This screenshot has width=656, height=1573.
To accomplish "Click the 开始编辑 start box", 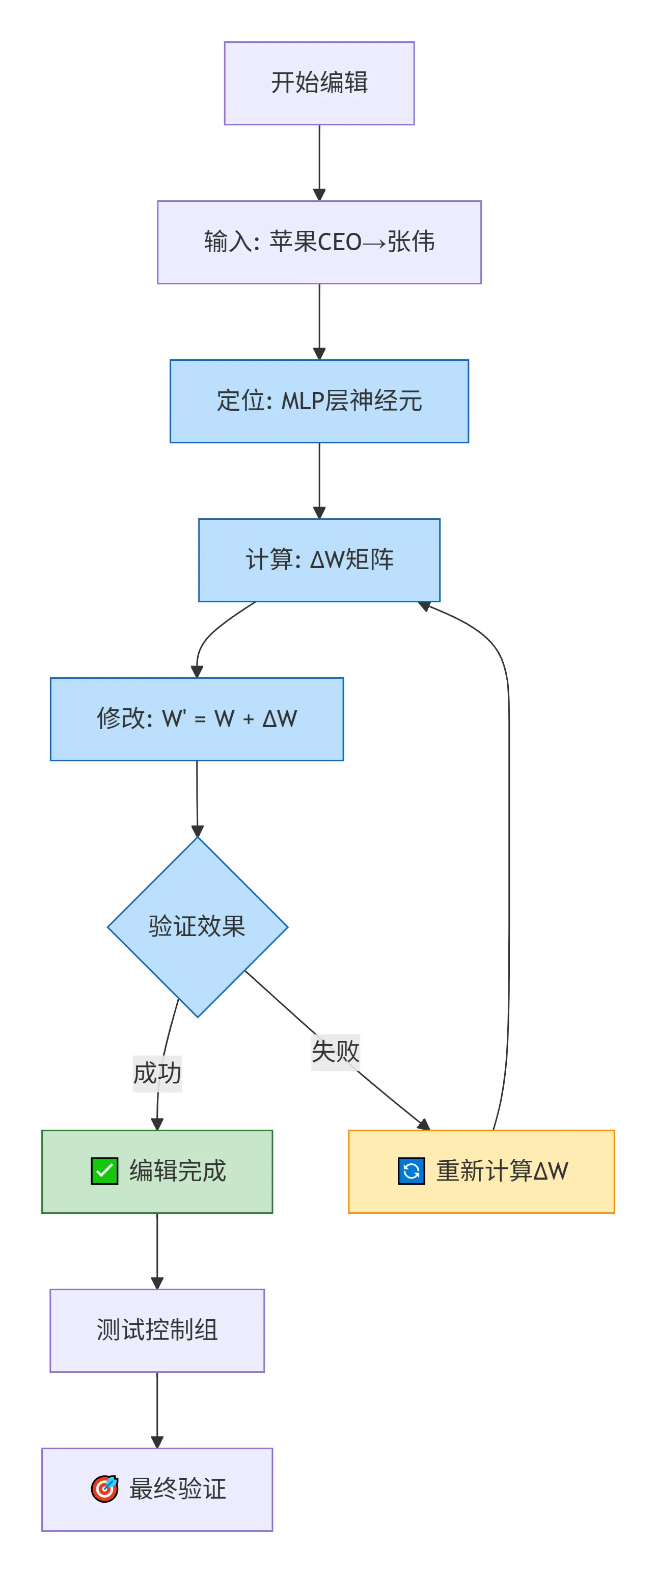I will pyautogui.click(x=319, y=83).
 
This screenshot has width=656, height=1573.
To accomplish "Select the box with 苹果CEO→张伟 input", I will pyautogui.click(x=319, y=242).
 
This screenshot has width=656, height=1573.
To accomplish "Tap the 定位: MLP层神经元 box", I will pyautogui.click(x=319, y=401).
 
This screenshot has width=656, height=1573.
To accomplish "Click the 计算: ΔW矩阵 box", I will pyautogui.click(x=319, y=560).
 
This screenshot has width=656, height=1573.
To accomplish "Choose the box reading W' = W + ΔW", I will pyautogui.click(x=197, y=718).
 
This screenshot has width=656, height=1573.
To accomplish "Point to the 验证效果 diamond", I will pyautogui.click(x=197, y=926).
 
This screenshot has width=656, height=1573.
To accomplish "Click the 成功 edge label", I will pyautogui.click(x=157, y=1073).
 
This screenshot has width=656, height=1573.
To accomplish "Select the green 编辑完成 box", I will pyautogui.click(x=157, y=1171).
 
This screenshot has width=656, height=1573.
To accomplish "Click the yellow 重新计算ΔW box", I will pyautogui.click(x=481, y=1171).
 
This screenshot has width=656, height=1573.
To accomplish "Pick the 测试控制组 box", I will pyautogui.click(x=157, y=1330).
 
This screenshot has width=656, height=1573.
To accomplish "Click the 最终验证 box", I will pyautogui.click(x=157, y=1489).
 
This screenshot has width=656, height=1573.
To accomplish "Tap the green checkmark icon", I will pyautogui.click(x=104, y=1170).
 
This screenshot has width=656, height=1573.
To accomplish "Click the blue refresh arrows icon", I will pyautogui.click(x=412, y=1170).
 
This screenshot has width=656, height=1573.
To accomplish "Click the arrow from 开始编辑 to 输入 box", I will pyautogui.click(x=319, y=162).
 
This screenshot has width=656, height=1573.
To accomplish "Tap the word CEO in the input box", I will pyautogui.click(x=339, y=243).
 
